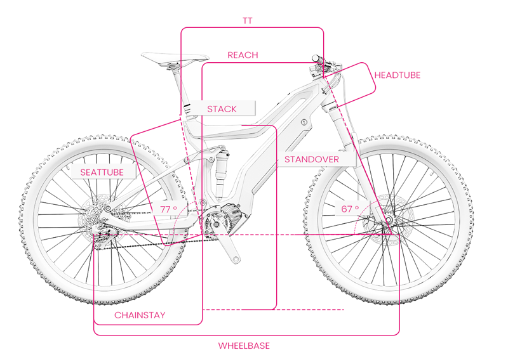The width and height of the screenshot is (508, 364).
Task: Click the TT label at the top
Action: tap(248, 20)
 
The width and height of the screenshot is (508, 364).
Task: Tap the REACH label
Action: tap(243, 55)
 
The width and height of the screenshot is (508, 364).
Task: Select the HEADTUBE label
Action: tap(397, 75)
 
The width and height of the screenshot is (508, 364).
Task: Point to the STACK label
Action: tap(222, 109)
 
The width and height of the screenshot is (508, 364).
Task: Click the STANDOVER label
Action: tap(311, 159)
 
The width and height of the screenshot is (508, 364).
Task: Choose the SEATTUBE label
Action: tap(102, 172)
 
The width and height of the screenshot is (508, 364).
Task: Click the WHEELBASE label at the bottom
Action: tap(244, 346)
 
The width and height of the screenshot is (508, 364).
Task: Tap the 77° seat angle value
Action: tap(168, 209)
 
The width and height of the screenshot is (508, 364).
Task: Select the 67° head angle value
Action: tap(350, 209)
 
